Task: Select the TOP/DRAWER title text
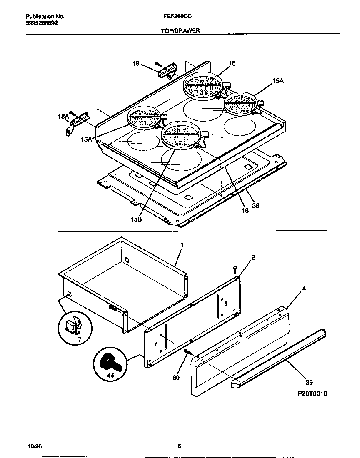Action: [180, 31]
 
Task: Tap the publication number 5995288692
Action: [42, 24]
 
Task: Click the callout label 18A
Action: [62, 117]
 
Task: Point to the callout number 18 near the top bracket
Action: [136, 63]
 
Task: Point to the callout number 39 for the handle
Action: [309, 382]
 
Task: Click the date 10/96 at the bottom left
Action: [34, 446]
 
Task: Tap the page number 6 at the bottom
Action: [179, 446]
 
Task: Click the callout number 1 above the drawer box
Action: [182, 245]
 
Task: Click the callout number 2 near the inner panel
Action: [252, 258]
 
